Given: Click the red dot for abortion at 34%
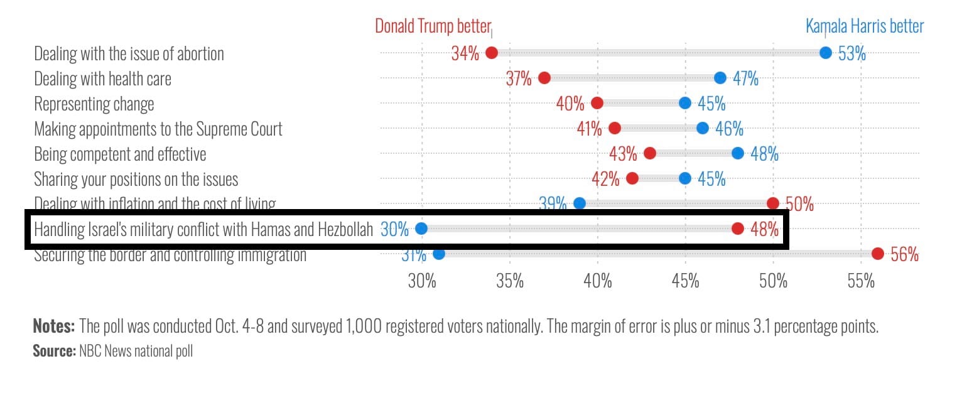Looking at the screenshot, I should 492,53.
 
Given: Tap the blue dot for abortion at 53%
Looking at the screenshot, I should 825,53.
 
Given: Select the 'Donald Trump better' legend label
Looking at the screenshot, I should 432,26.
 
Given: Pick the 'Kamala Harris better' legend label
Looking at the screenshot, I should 864,26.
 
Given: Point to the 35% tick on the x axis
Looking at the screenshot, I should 509,281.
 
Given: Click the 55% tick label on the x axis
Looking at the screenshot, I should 861,281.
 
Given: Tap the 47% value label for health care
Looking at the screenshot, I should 745,78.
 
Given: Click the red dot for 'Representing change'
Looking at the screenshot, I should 597,103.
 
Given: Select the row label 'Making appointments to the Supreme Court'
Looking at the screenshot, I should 158,129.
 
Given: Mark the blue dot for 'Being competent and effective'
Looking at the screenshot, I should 738,153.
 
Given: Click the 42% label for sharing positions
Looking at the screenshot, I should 605,179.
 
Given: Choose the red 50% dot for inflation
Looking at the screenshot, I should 773,203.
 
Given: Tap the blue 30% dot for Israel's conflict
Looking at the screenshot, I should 421,229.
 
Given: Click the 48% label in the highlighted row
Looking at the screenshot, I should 764,229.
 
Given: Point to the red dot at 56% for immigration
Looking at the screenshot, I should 878,254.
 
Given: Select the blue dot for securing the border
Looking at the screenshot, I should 439,254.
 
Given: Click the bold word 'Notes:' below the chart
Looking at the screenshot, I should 54,326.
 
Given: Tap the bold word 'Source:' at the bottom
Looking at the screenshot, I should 54,351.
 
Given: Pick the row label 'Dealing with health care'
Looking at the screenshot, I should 102,78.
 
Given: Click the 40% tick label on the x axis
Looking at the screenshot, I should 597,281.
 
